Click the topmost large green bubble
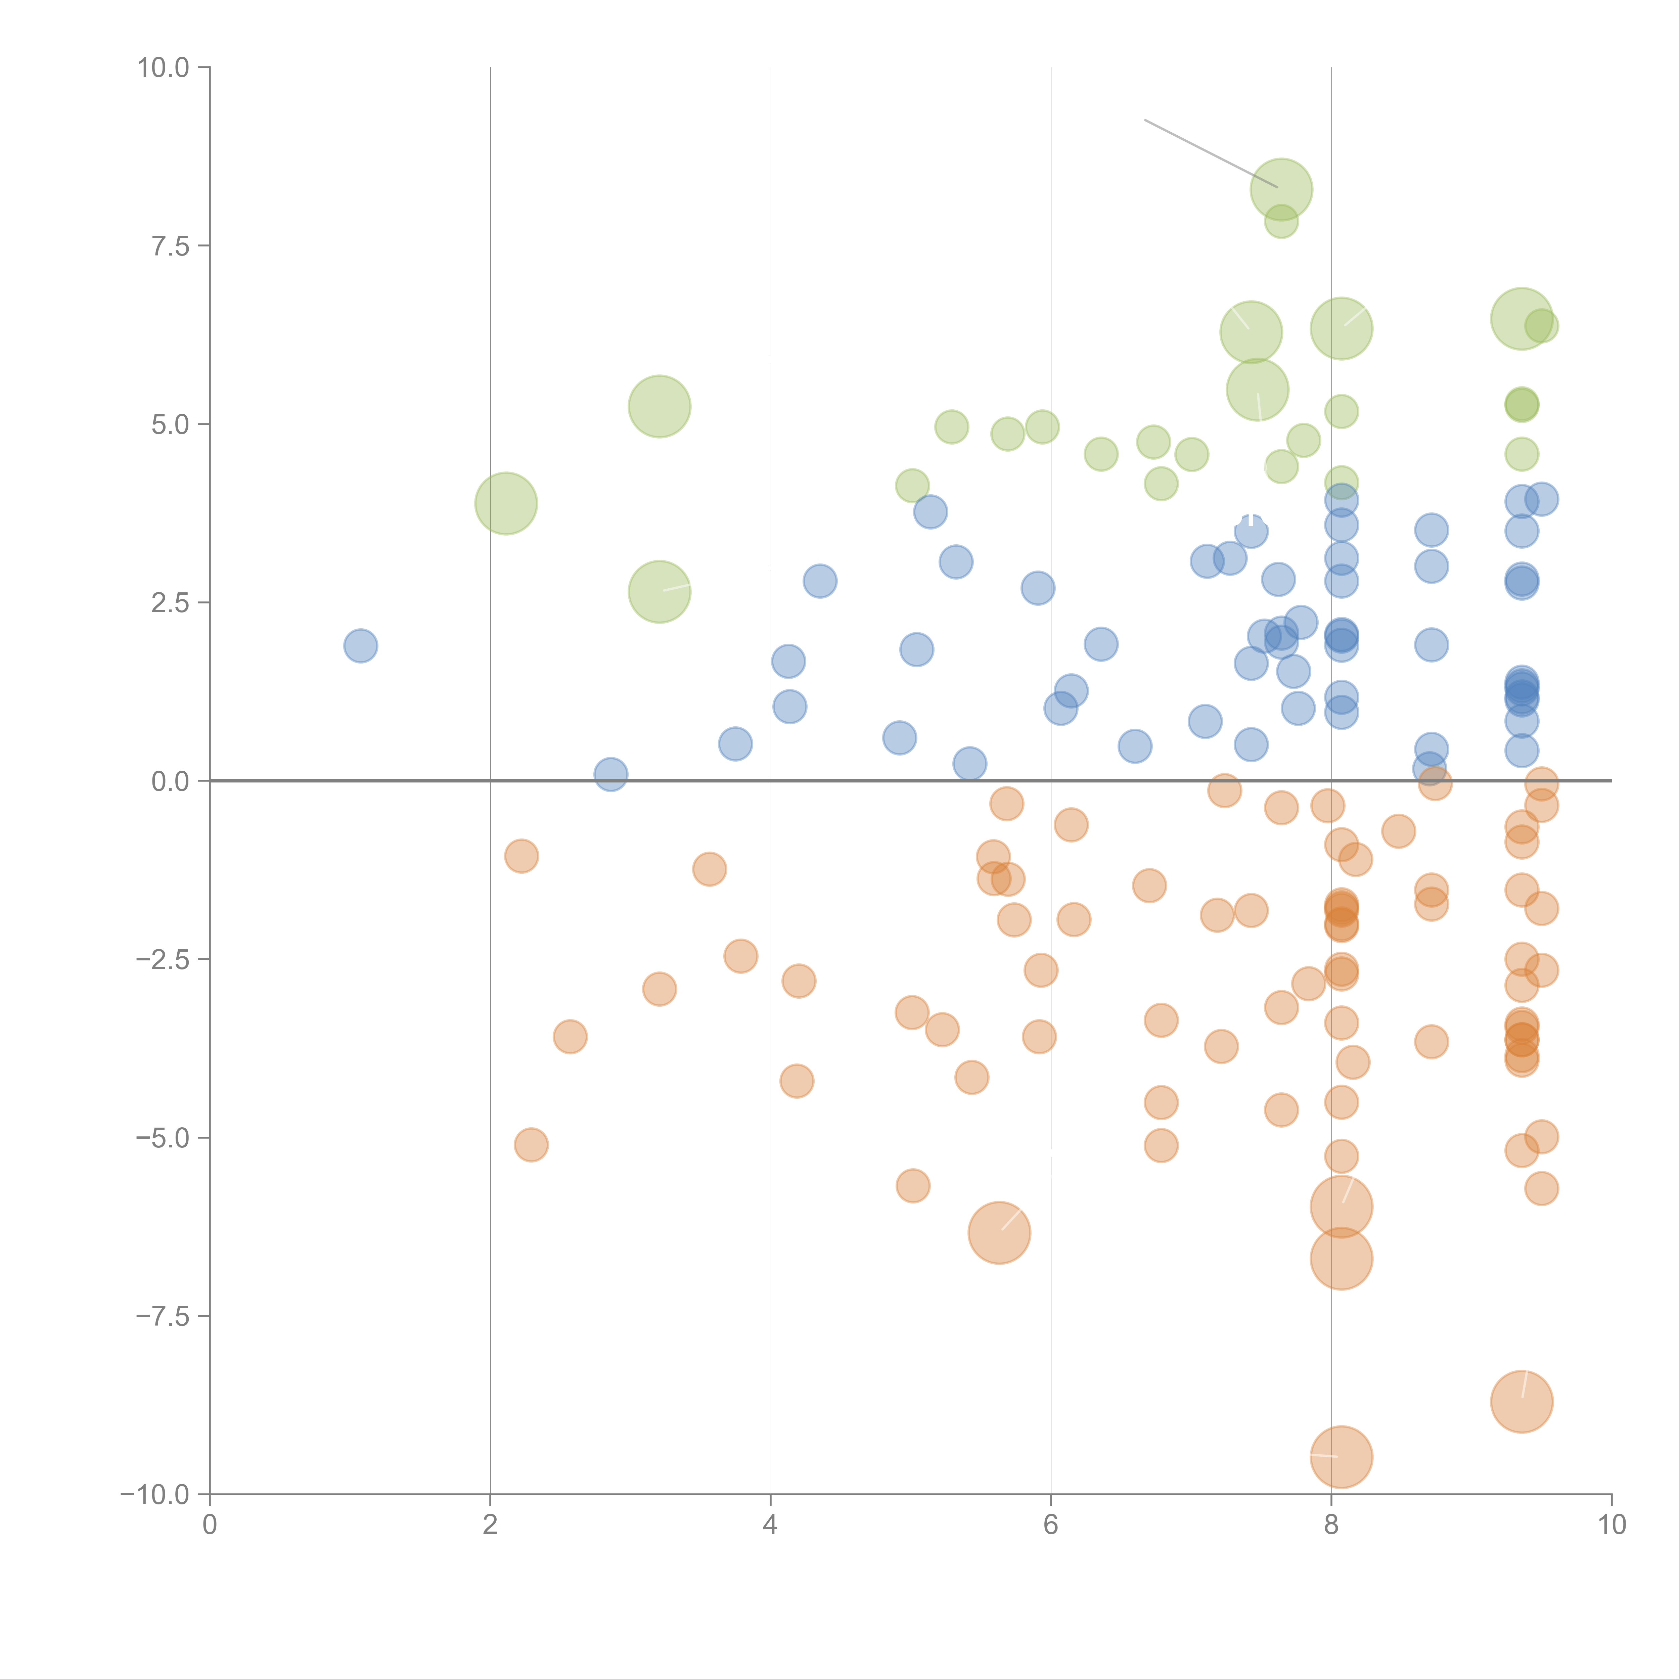pyautogui.click(x=1281, y=189)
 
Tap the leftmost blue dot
pyautogui.click(x=361, y=646)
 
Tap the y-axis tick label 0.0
pyautogui.click(x=170, y=781)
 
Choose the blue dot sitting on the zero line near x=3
pyautogui.click(x=611, y=774)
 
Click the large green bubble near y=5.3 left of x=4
pyautogui.click(x=660, y=407)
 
